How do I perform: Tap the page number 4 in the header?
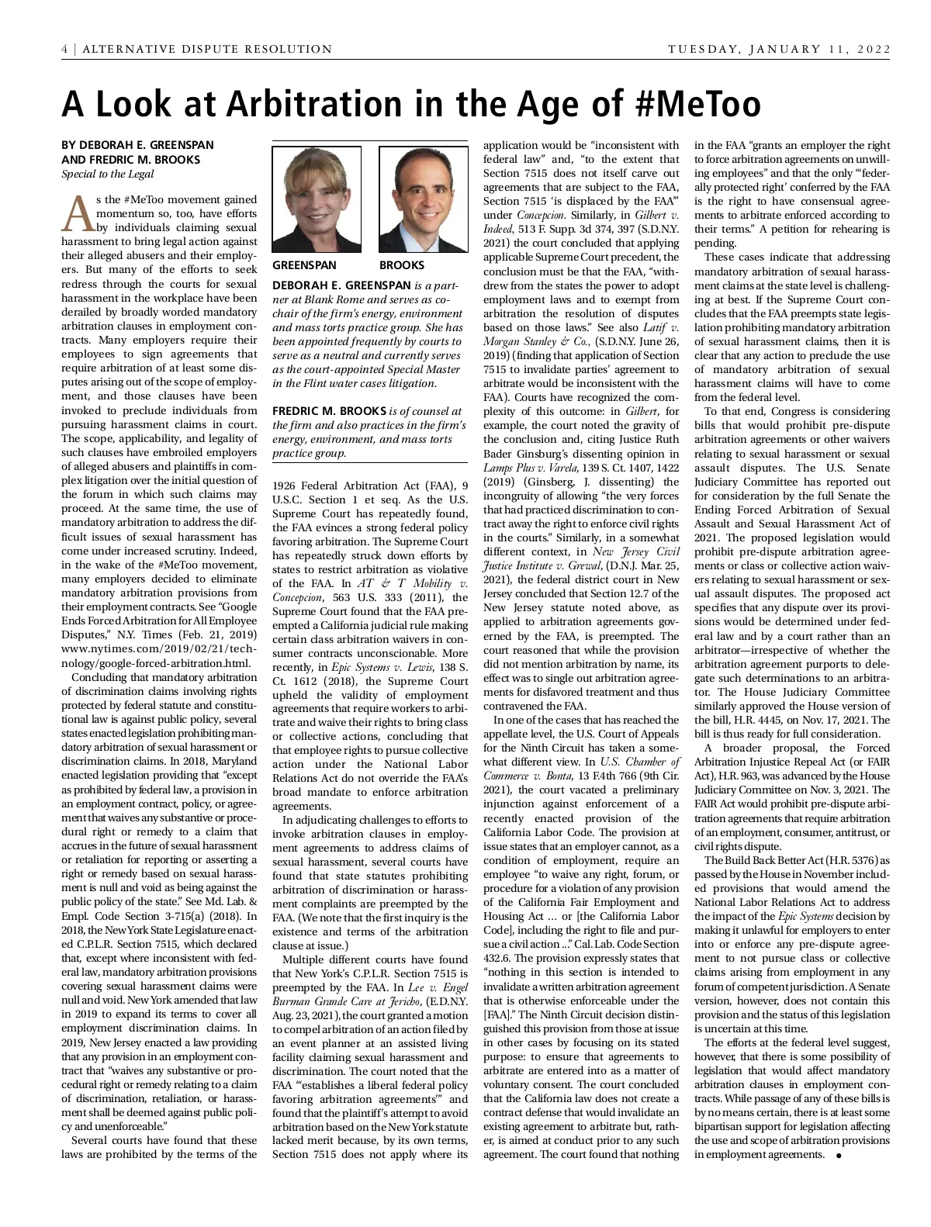65,50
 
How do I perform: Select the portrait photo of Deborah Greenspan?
317,199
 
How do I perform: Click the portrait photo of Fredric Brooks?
423,199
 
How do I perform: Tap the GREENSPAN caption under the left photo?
304,265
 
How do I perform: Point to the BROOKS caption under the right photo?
402,265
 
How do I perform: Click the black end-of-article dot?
838,1156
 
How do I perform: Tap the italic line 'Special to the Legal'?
108,174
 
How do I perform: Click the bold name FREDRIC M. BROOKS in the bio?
329,411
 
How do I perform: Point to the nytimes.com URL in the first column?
159,648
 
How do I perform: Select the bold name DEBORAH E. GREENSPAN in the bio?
341,285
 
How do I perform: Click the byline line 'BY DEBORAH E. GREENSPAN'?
137,145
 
